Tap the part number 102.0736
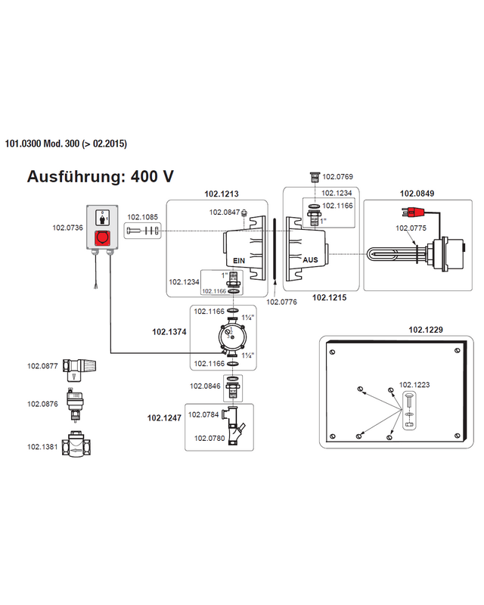tap(67, 227)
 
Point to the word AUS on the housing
tap(310, 259)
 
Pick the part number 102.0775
tap(412, 228)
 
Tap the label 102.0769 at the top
tap(337, 177)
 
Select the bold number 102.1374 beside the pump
tap(169, 330)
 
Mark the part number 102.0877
tap(43, 367)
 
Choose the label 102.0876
tap(43, 404)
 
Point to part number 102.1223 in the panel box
tap(414, 385)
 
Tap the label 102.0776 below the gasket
tap(282, 302)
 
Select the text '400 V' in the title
tap(152, 177)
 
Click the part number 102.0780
tap(209, 438)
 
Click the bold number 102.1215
tap(330, 298)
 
